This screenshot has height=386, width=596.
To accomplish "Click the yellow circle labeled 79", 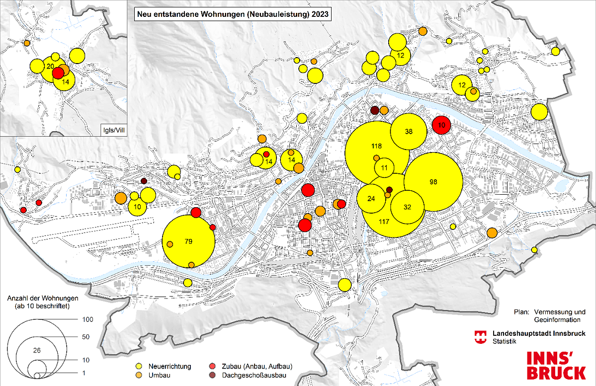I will [189, 242].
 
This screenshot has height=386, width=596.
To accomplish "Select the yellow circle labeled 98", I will [433, 182].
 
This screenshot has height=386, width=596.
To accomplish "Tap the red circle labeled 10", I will [441, 125].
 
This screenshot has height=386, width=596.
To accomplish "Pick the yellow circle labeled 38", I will [409, 132].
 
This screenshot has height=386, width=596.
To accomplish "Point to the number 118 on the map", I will [376, 146].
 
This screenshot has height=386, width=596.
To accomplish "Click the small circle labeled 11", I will [384, 168].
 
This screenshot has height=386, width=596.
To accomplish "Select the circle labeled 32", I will [408, 207].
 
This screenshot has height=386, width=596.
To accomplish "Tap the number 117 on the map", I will [383, 221].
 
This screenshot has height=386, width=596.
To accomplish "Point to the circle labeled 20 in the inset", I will [50, 67].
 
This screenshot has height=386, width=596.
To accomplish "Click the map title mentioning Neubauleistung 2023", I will [232, 14].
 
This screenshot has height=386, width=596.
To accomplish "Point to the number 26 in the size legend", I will [36, 350].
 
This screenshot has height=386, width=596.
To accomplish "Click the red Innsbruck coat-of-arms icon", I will [481, 337].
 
